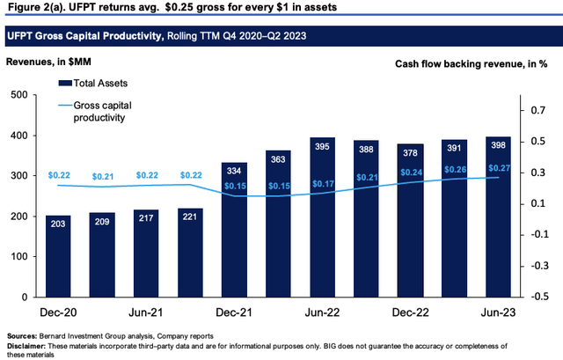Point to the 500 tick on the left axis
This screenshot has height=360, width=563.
(x=18, y=96)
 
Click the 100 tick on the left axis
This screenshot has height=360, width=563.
(x=18, y=256)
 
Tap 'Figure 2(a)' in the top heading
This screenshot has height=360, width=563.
(x=33, y=7)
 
